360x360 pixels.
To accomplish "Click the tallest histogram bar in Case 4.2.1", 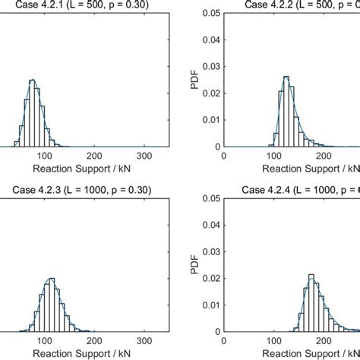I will (x=56, y=114).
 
